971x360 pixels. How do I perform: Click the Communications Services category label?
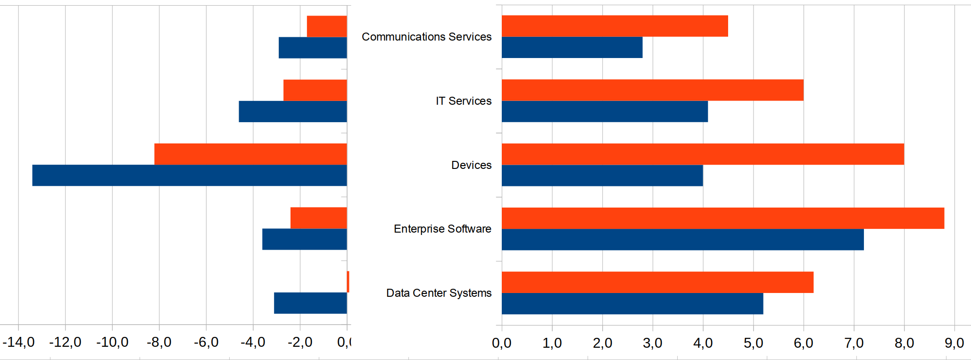tap(426, 37)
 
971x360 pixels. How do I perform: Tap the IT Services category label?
tap(463, 101)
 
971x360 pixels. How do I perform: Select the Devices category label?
tap(471, 165)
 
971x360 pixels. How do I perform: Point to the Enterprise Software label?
tap(442, 229)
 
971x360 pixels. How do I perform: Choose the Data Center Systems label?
tap(439, 293)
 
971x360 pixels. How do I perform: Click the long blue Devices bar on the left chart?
tap(190, 176)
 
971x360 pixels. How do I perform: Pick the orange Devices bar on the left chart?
tap(250, 154)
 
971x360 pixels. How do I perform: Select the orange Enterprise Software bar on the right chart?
tap(723, 218)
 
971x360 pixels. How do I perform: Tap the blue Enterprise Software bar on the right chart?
tap(682, 240)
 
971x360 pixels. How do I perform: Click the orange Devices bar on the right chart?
tap(703, 154)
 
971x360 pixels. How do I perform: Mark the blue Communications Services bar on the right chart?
tap(572, 48)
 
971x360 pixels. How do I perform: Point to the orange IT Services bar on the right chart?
tap(653, 90)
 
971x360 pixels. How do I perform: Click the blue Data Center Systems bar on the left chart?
tap(310, 303)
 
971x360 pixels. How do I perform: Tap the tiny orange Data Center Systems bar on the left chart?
tap(348, 282)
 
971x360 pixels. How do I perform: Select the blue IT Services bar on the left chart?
tap(293, 111)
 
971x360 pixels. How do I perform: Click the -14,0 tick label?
tap(18, 342)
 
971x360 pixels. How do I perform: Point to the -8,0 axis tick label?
tap(159, 342)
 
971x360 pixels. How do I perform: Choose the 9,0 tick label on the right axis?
tap(954, 343)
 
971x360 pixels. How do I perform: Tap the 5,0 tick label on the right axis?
tap(753, 343)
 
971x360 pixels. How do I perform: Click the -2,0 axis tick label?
tap(300, 342)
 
